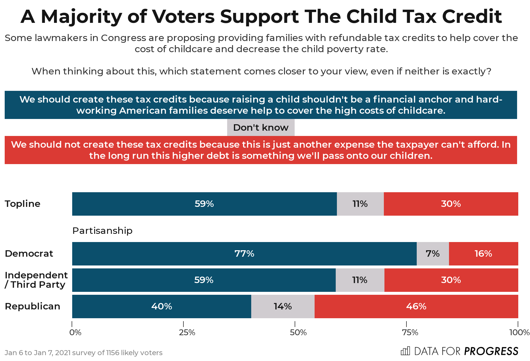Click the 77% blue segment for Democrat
click(244, 253)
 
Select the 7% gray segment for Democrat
click(433, 253)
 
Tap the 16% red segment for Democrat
click(483, 253)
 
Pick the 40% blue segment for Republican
click(161, 306)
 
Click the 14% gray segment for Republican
click(283, 306)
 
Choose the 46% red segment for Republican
click(416, 306)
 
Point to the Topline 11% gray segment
click(360, 204)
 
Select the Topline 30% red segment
click(451, 204)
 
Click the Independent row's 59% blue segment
click(204, 280)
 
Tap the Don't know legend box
click(261, 127)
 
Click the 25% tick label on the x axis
click(187, 333)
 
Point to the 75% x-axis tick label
click(410, 333)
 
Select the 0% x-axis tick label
click(75, 333)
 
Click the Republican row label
click(33, 306)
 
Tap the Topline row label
click(23, 204)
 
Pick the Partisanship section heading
click(102, 231)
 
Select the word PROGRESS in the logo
click(491, 351)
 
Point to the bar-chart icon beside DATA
click(405, 351)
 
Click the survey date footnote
click(84, 353)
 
